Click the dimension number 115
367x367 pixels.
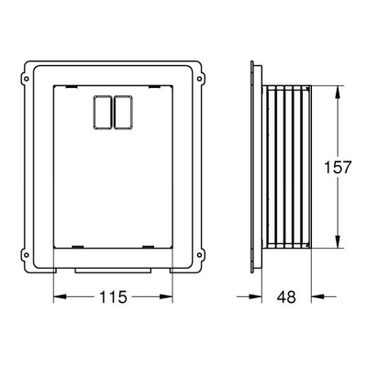[x=113, y=296]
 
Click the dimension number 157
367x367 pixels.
[x=338, y=167]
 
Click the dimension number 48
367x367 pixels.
[x=286, y=296]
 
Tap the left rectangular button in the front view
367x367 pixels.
[x=103, y=112]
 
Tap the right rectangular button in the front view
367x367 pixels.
[x=124, y=112]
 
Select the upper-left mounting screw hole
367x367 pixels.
[x=27, y=79]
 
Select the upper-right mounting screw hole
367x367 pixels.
[x=199, y=79]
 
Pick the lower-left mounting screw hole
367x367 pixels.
[x=27, y=254]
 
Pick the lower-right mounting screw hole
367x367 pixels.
[x=199, y=254]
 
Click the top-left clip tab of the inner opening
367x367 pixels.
[x=72, y=87]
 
